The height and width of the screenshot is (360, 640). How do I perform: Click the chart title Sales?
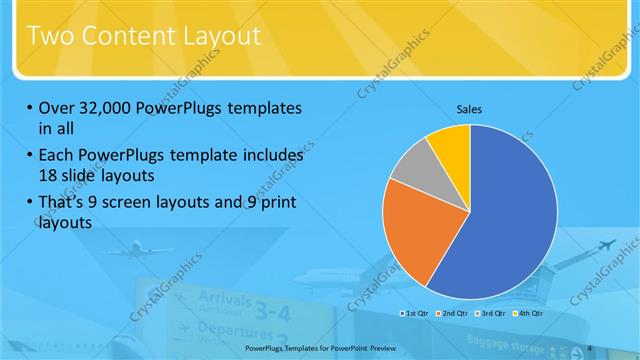[470, 109]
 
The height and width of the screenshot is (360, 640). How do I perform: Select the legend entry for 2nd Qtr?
[454, 314]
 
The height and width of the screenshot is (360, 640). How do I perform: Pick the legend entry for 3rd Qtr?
[492, 314]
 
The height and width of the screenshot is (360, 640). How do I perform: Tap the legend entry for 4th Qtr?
[529, 314]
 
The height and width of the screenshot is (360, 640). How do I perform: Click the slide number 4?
[590, 347]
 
